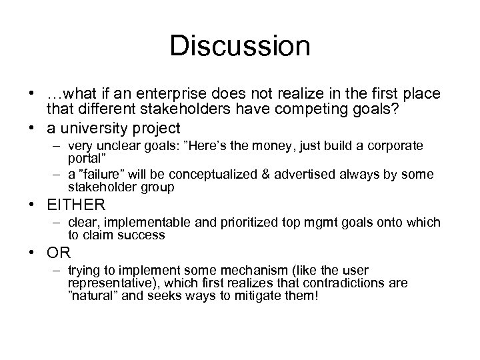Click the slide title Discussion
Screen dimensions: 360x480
tap(239, 47)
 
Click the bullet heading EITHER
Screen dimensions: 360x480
tap(76, 205)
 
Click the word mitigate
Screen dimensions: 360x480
tap(243, 295)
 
